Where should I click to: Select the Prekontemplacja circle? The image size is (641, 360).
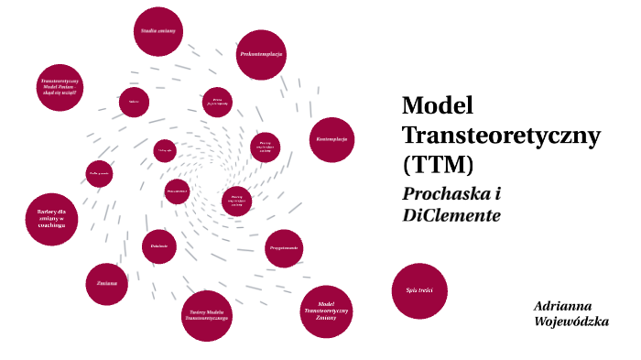pos(261,55)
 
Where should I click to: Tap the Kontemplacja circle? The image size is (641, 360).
pos(331,139)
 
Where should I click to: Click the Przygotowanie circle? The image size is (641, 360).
pos(284,248)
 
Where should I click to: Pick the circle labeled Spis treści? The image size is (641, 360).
pos(418,290)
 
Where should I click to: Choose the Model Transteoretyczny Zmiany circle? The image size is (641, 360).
pos(326,311)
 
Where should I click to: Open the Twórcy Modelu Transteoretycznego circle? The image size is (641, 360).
pos(208,316)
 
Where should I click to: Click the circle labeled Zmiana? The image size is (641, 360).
pos(107,283)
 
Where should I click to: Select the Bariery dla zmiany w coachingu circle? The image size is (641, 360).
pos(51,219)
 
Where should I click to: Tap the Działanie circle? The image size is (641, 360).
pos(159,246)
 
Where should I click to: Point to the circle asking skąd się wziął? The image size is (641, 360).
pos(60,88)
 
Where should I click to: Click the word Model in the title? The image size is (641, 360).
pos(437,104)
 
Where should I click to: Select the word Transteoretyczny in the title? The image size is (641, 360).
pos(501,135)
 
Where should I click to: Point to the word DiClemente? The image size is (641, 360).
pos(451,216)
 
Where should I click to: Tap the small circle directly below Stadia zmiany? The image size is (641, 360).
pos(134,102)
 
